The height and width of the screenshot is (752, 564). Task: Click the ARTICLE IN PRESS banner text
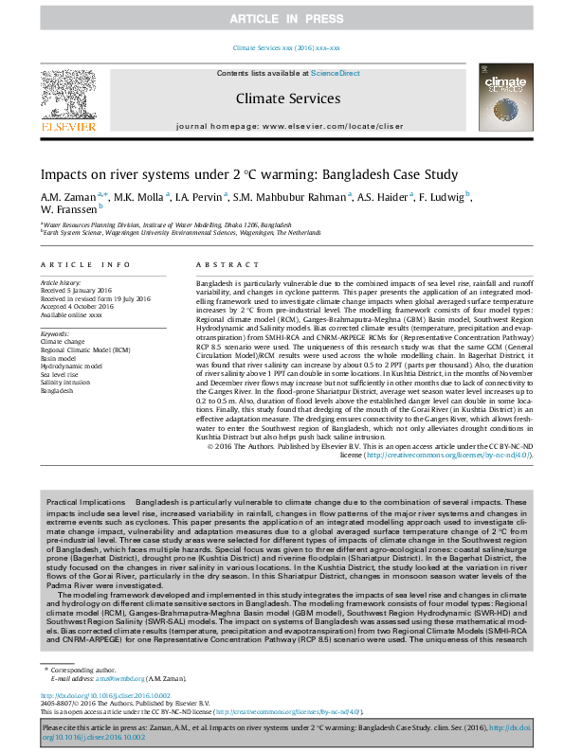coord(282,19)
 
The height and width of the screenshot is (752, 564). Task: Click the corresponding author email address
coord(121,678)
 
